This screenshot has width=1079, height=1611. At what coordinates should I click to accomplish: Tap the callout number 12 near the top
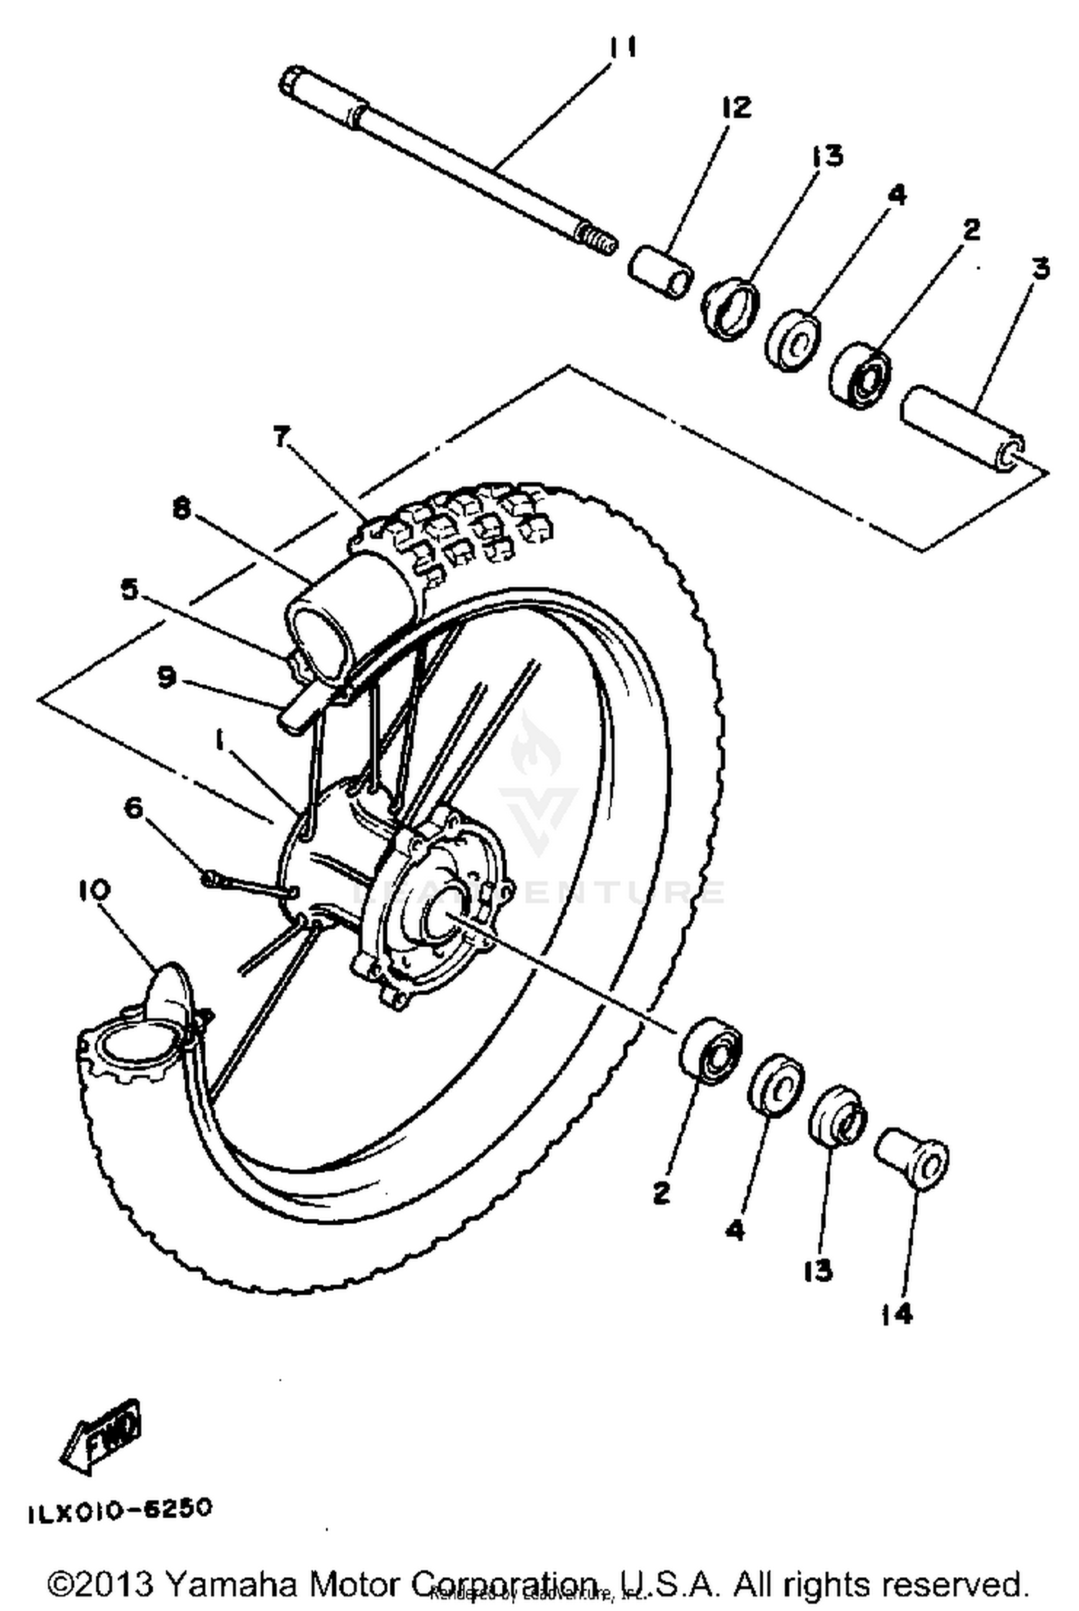pyautogui.click(x=735, y=108)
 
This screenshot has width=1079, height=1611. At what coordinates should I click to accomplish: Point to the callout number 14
pyautogui.click(x=896, y=1315)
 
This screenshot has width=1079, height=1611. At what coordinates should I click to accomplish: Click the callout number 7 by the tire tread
pyautogui.click(x=282, y=436)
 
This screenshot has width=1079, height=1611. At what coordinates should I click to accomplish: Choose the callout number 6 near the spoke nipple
pyautogui.click(x=135, y=809)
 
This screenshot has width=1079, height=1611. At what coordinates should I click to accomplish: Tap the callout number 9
pyautogui.click(x=167, y=677)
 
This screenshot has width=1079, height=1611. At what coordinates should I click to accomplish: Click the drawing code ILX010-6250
pyautogui.click(x=120, y=1508)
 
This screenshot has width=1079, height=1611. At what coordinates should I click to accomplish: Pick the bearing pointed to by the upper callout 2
pyautogui.click(x=861, y=378)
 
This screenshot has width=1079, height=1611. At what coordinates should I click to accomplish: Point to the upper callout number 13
pyautogui.click(x=827, y=155)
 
